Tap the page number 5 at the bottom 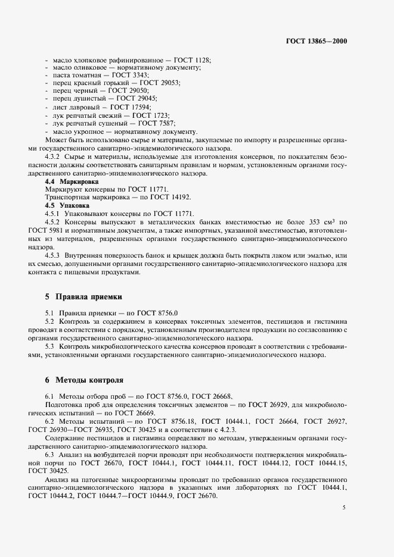(344, 508)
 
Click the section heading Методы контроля (89, 379)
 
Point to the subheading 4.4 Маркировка (72, 180)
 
